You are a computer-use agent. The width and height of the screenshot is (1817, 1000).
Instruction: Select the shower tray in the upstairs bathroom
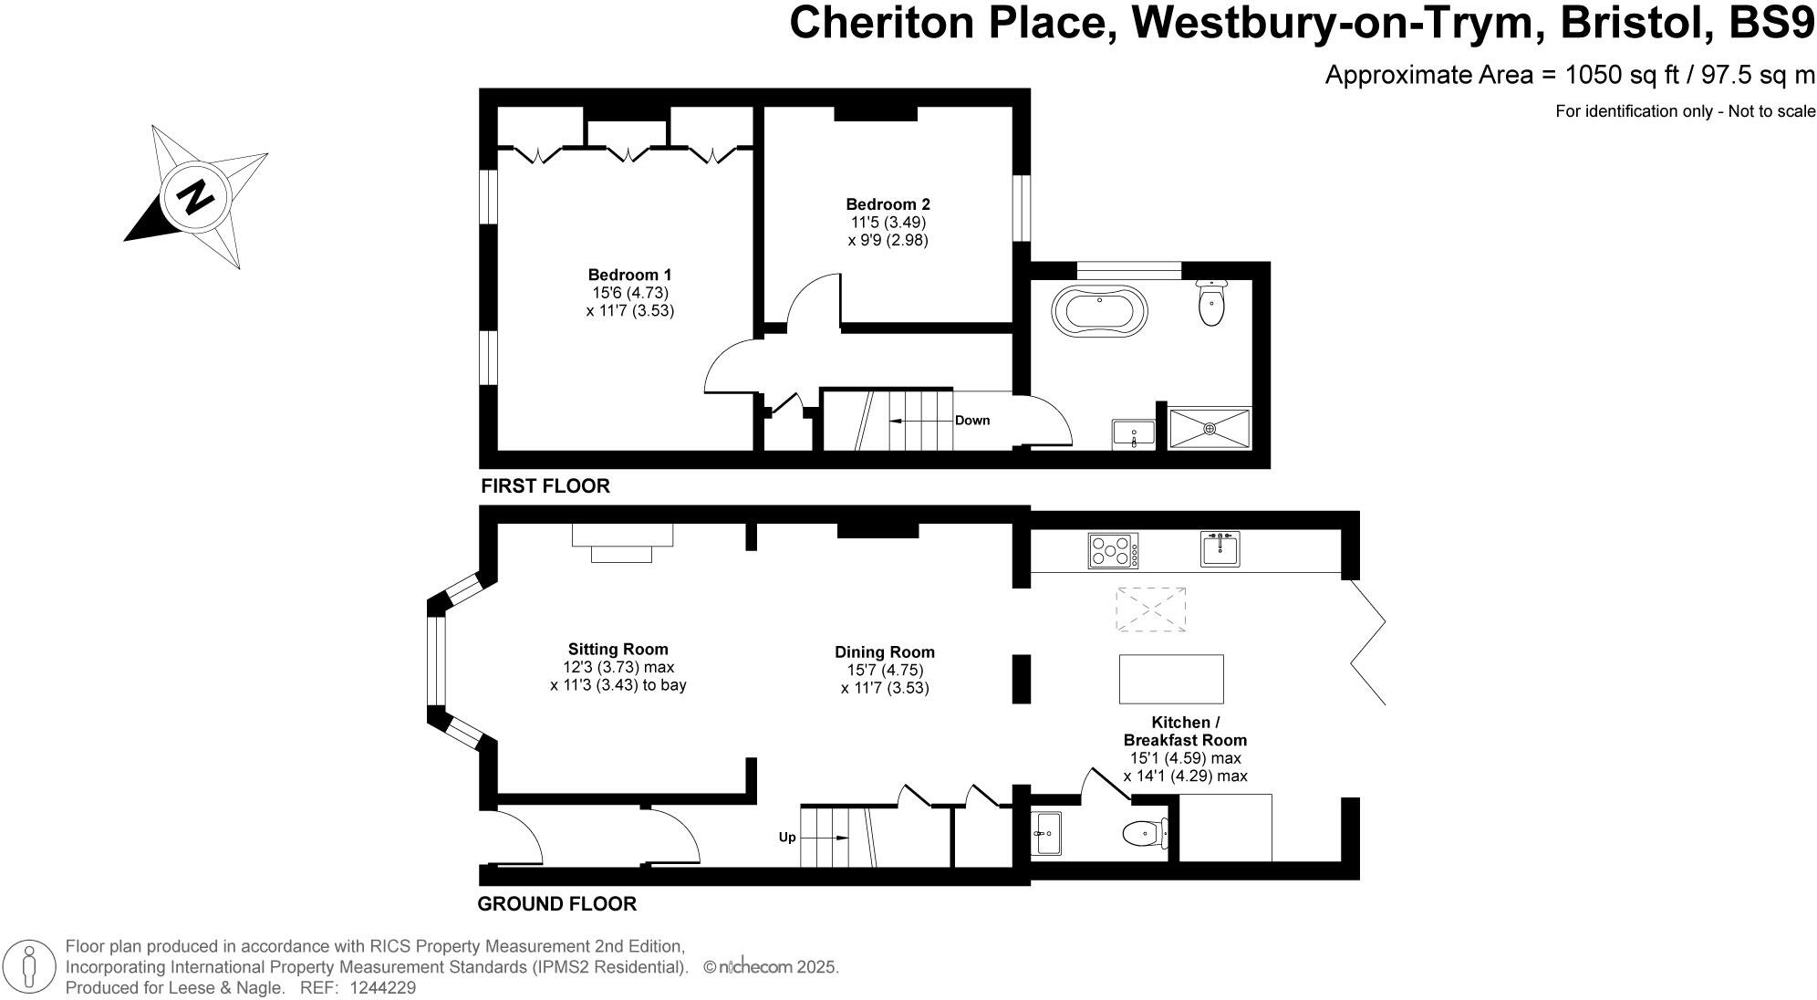click(x=1210, y=428)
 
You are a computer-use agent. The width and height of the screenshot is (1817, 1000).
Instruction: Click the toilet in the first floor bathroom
click(x=1211, y=305)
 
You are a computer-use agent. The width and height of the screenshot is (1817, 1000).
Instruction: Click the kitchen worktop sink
click(x=1220, y=549)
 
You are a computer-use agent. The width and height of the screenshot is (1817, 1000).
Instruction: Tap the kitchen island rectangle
click(x=1171, y=678)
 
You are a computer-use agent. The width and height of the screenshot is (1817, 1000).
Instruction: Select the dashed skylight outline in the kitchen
click(x=1151, y=609)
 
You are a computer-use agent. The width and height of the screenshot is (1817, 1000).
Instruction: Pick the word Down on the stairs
click(x=972, y=421)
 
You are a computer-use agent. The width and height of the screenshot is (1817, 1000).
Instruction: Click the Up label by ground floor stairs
click(x=786, y=837)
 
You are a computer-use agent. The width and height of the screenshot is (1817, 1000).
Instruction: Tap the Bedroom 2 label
click(x=888, y=204)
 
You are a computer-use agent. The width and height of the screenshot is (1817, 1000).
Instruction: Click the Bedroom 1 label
click(x=629, y=275)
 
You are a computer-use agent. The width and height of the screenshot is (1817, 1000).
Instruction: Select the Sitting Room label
click(x=618, y=650)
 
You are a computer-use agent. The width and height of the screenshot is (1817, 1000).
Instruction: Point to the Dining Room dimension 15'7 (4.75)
click(x=885, y=670)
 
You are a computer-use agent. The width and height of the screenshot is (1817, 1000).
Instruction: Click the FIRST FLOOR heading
click(x=545, y=486)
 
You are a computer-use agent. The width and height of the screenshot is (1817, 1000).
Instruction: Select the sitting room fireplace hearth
click(x=621, y=554)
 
